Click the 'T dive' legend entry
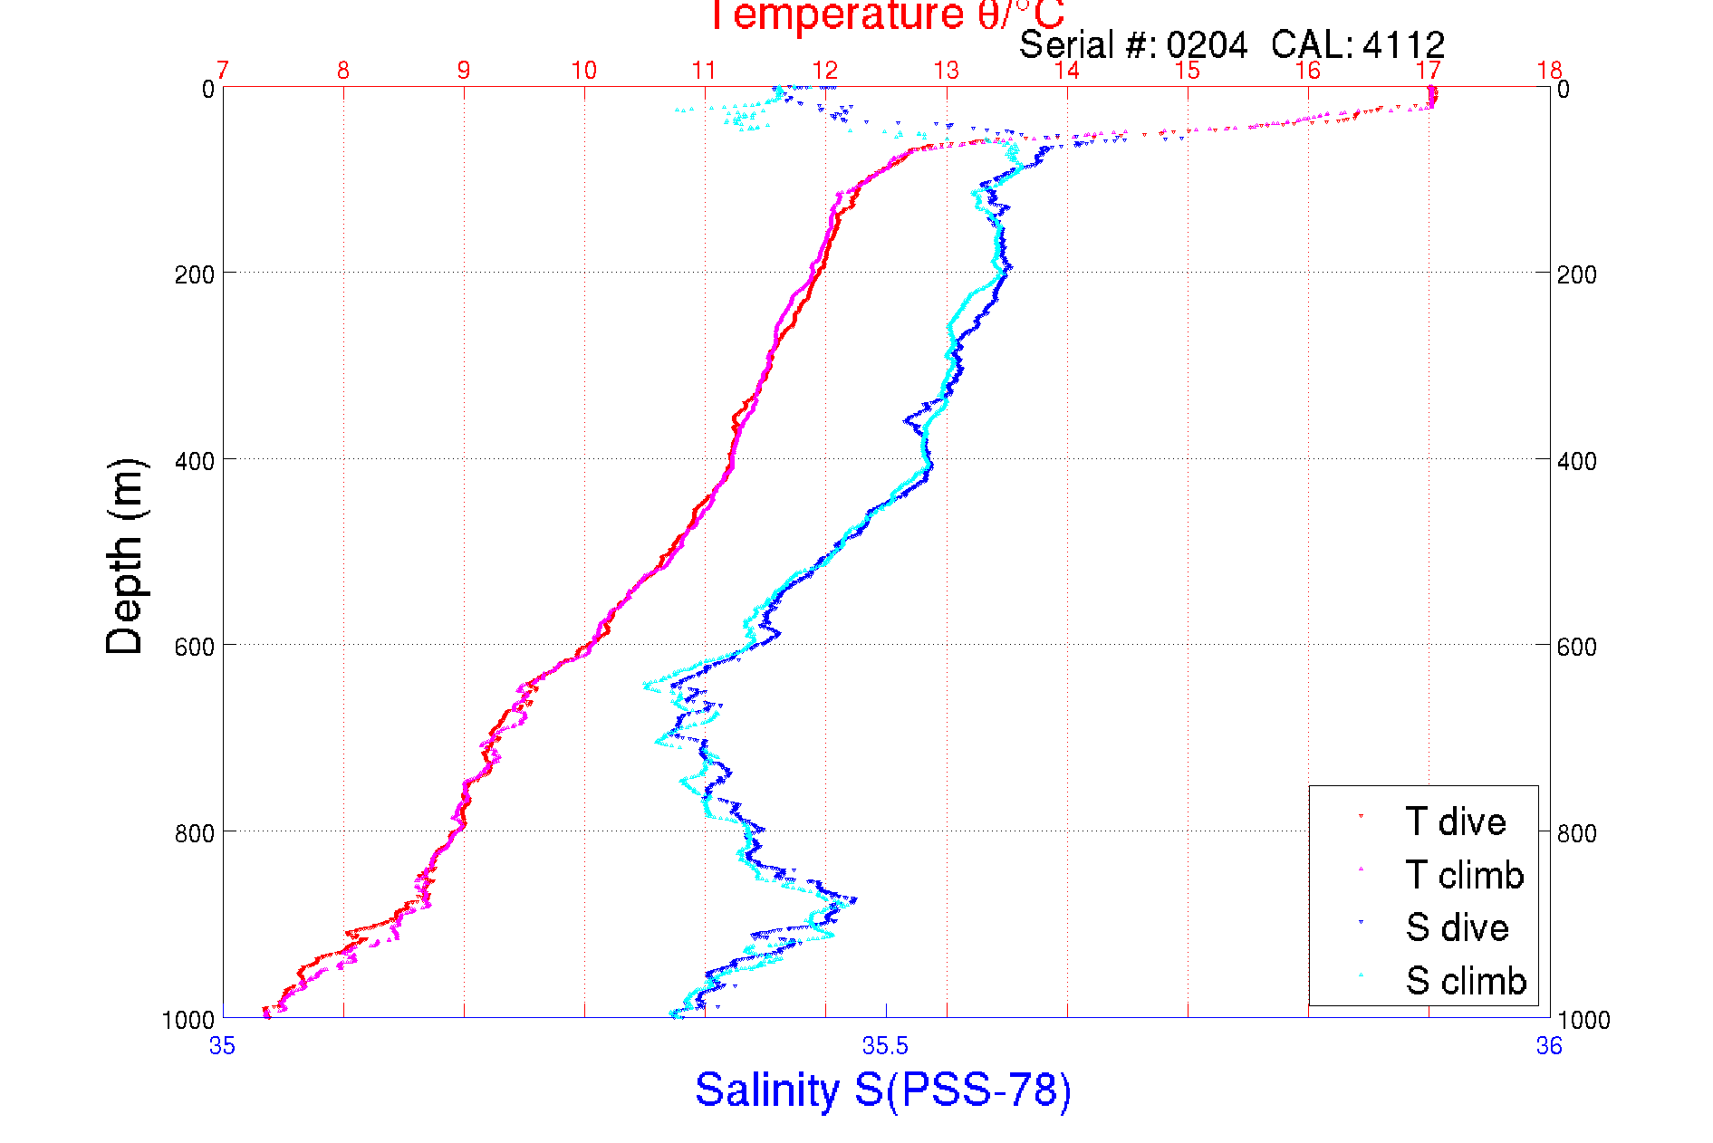coord(1455,821)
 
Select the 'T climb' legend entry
coord(1464,875)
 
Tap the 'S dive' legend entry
coord(1457,927)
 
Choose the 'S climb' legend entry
coord(1466,981)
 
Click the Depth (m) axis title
coord(125,556)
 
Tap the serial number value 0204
coord(1207,44)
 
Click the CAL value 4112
coord(1402,44)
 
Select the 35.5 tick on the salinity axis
coord(885,1046)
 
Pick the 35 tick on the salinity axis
coord(222,1046)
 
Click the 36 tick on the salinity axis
coord(1549,1046)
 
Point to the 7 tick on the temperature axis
coord(222,70)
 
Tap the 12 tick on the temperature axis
coord(824,70)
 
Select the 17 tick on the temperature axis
coord(1428,70)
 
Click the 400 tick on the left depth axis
coord(195,461)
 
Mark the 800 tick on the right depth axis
coord(1576,833)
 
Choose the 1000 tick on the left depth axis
coord(188,1020)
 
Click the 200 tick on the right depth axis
coord(1576,274)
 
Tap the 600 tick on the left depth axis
coord(195,647)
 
